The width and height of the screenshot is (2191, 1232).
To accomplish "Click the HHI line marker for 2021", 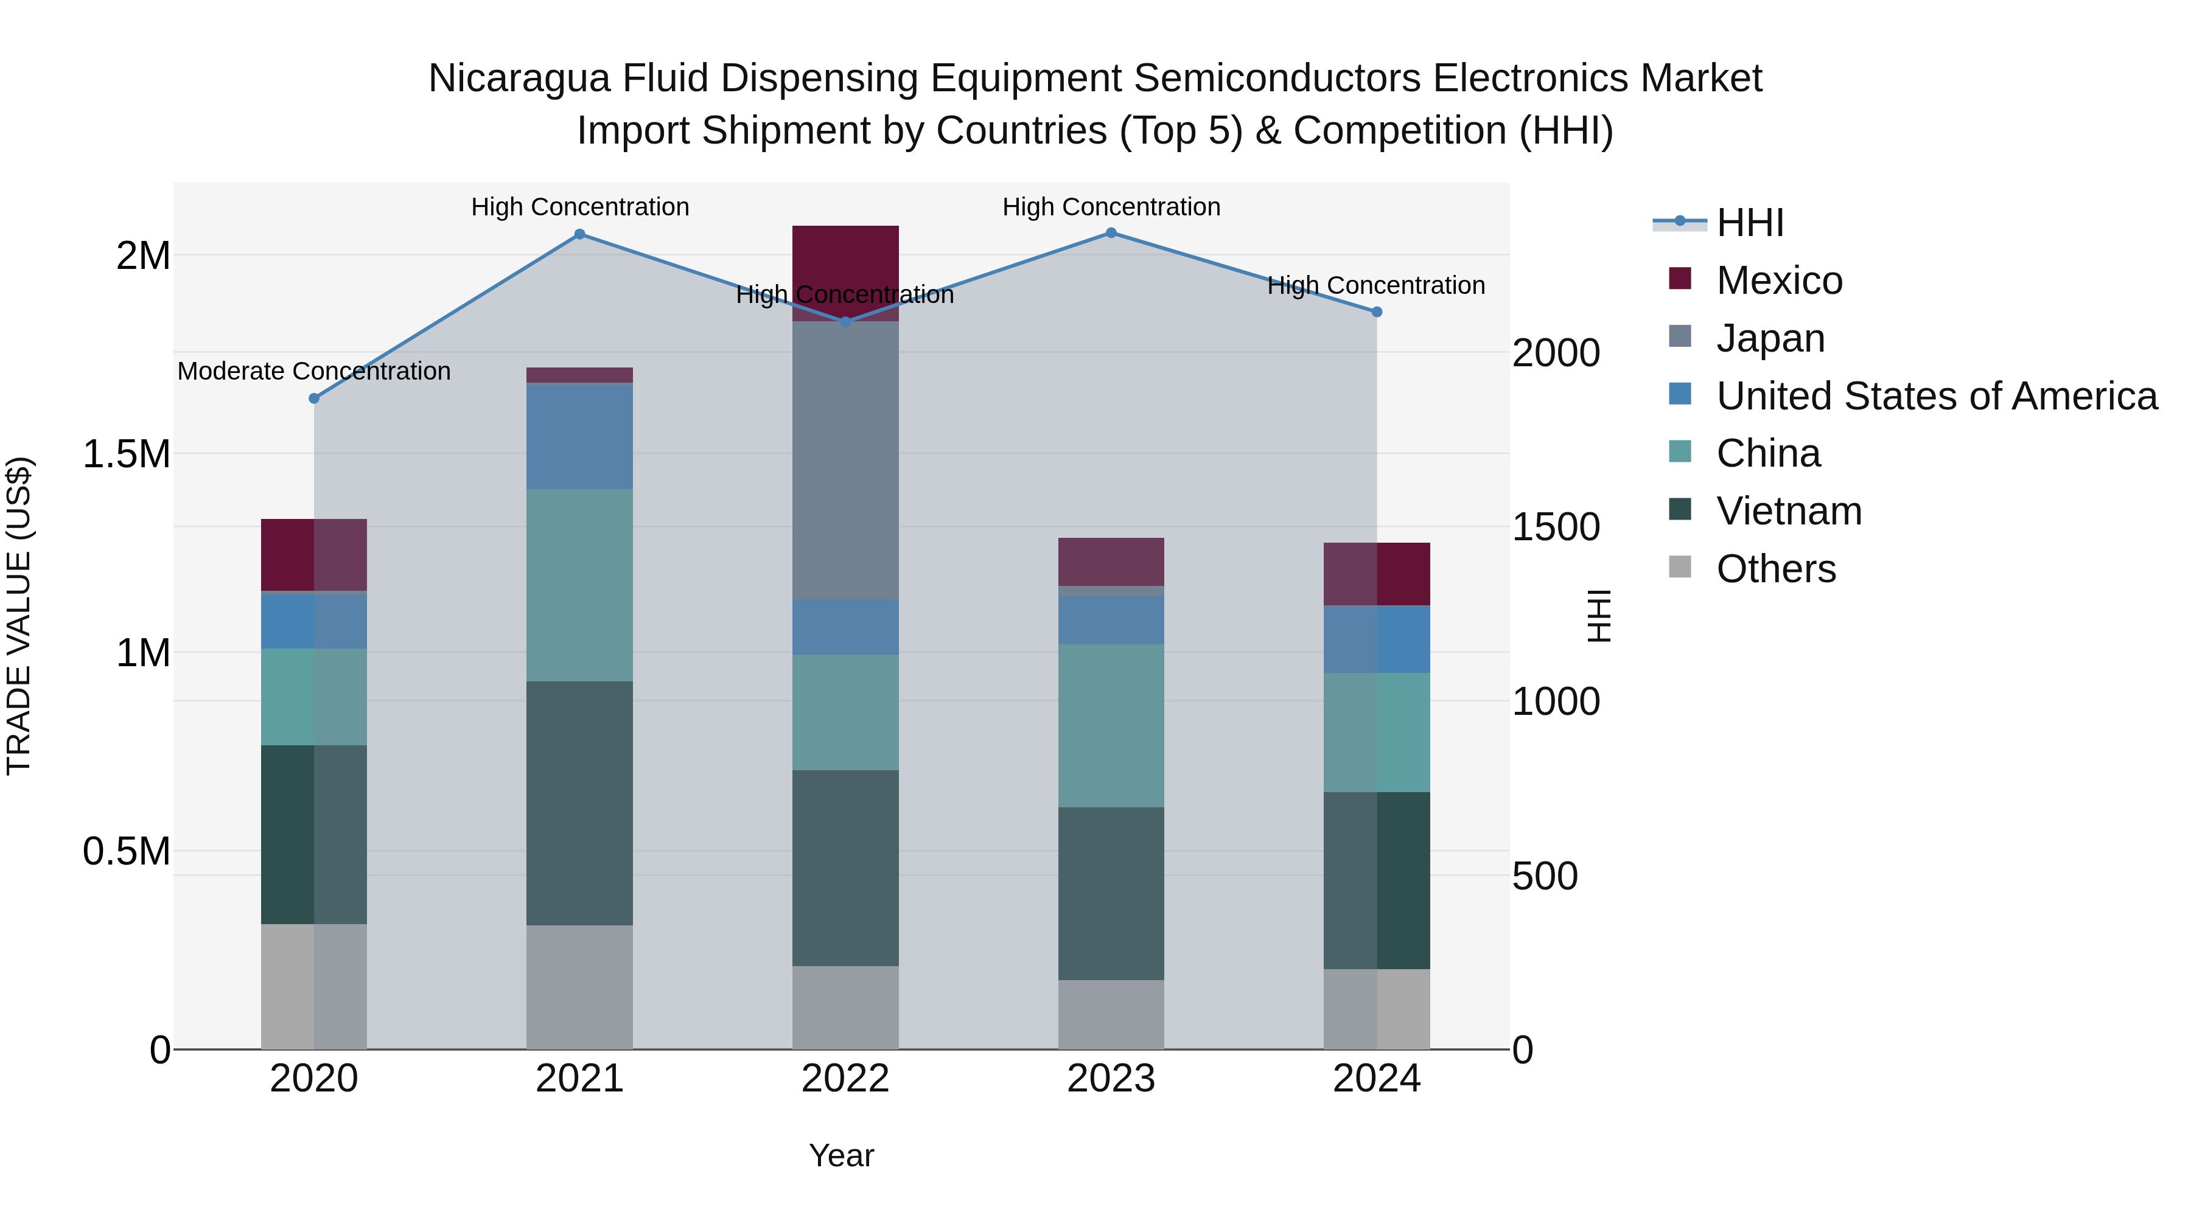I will coord(579,234).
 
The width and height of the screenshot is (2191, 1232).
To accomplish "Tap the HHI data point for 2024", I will coord(1377,312).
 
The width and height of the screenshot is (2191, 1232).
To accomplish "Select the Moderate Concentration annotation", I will coord(314,372).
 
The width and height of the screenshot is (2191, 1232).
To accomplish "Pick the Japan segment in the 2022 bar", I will coord(845,459).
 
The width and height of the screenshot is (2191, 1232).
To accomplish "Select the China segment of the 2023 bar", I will coord(1111,725).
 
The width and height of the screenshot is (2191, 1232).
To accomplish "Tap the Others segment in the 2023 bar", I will coord(1111,1014).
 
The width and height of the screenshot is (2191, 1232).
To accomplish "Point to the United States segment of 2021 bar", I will coord(579,436).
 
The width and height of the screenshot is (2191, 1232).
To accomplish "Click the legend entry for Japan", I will coord(1770,338).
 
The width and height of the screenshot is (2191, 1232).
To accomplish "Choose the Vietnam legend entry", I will coord(1789,511).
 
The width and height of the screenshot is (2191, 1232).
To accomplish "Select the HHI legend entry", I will coord(1750,223).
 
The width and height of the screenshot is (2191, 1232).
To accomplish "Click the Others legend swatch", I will coord(1680,567).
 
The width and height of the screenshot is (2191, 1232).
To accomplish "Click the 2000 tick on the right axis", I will coord(1556,353).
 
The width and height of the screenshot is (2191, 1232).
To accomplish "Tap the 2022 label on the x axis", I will coord(845,1079).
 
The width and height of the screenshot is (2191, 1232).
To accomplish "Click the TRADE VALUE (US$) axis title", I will coord(19,616).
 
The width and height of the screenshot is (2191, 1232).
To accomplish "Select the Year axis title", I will coord(841,1155).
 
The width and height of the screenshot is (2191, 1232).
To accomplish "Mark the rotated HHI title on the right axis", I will coord(1599,616).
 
